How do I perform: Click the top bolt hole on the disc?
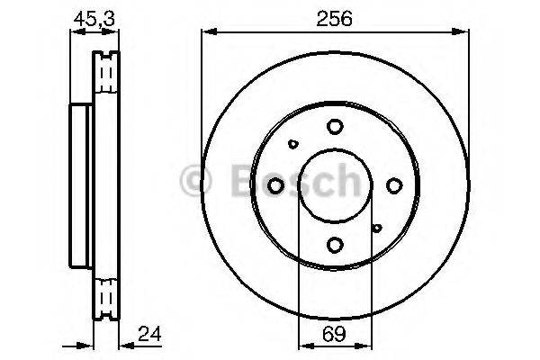tap(335, 127)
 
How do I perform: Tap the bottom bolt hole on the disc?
tap(335, 244)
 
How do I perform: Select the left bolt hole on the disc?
tap(276, 185)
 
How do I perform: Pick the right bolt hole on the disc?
tap(394, 185)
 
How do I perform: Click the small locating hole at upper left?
tap(293, 142)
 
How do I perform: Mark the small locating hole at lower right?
tap(377, 229)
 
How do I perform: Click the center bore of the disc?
tap(335, 185)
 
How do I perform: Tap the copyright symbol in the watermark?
tap(195, 182)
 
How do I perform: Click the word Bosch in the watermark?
tap(288, 182)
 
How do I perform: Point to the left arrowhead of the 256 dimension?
tap(205, 33)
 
